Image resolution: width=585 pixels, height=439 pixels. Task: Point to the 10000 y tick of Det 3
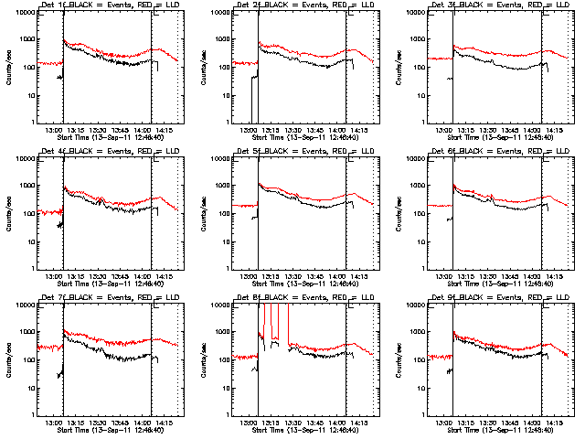point(418,13)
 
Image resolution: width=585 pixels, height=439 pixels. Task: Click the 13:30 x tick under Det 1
point(98,129)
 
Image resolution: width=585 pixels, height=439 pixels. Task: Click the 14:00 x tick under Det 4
point(142,275)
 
